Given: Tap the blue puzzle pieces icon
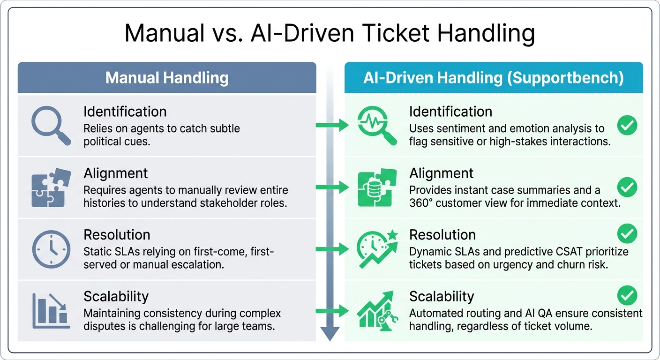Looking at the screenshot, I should tap(51, 187).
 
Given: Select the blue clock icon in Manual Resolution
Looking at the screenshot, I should tap(51, 249).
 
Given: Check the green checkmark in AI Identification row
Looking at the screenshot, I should tap(627, 125).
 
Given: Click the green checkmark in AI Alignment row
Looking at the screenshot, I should tap(627, 187).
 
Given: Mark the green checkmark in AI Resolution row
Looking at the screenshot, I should tap(627, 233).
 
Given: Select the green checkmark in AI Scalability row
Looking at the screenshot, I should tap(627, 296).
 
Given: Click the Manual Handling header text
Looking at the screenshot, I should tap(167, 78).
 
